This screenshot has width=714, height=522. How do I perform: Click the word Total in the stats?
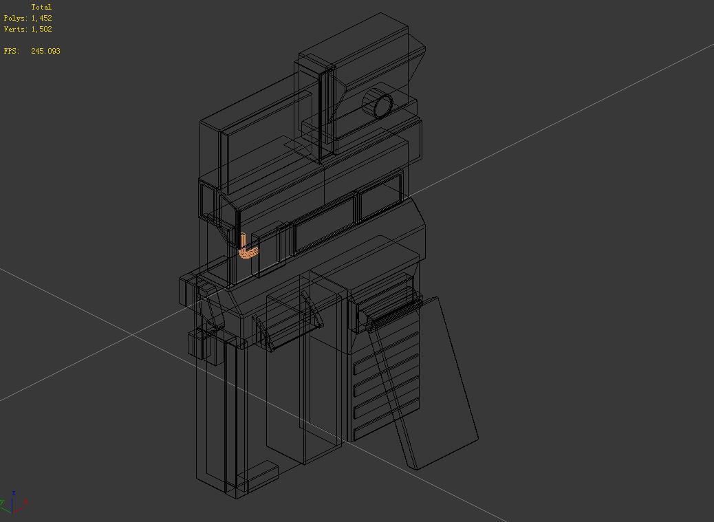click(x=41, y=7)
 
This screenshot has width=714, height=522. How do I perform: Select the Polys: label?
click(x=16, y=18)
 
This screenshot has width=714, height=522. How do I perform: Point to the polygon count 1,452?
click(x=41, y=18)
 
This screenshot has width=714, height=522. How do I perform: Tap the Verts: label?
click(x=16, y=29)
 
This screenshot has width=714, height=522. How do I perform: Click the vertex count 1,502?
click(x=41, y=29)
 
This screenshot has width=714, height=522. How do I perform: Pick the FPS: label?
click(x=12, y=51)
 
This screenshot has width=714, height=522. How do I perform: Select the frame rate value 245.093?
click(x=45, y=51)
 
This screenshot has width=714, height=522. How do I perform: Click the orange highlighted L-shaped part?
click(x=248, y=248)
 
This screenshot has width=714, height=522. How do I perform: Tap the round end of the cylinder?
click(x=382, y=106)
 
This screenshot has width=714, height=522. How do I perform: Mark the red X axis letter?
click(x=25, y=502)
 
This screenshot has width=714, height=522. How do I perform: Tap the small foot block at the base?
click(x=257, y=474)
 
